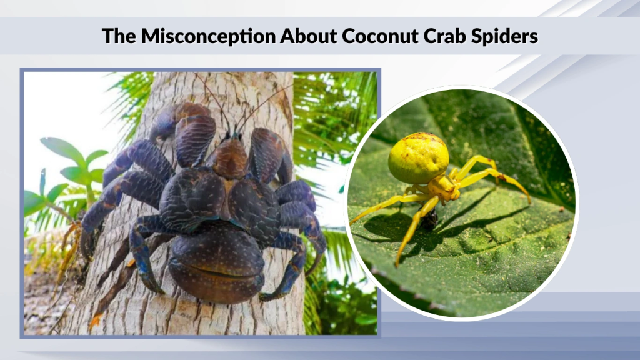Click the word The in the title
119,36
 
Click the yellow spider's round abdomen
418,157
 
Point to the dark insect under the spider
429,219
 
